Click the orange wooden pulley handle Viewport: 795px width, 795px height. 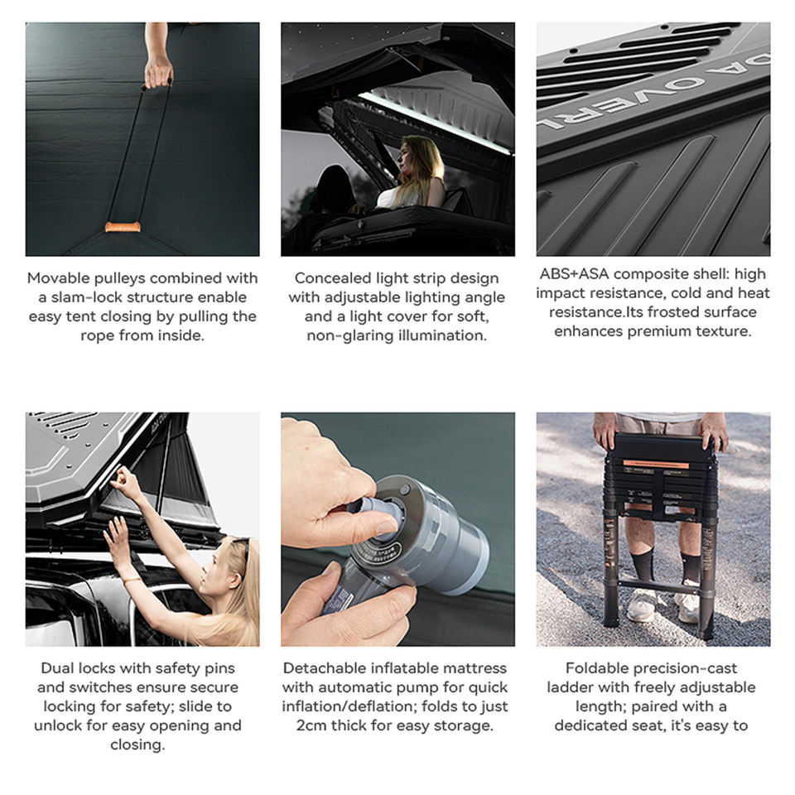pyautogui.click(x=123, y=227)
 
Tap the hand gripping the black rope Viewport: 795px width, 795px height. pyautogui.click(x=158, y=73)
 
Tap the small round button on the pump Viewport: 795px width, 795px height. pyautogui.click(x=405, y=489)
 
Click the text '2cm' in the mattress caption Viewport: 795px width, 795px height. pyautogui.click(x=311, y=725)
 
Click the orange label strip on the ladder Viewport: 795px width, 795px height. pyautogui.click(x=656, y=464)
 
